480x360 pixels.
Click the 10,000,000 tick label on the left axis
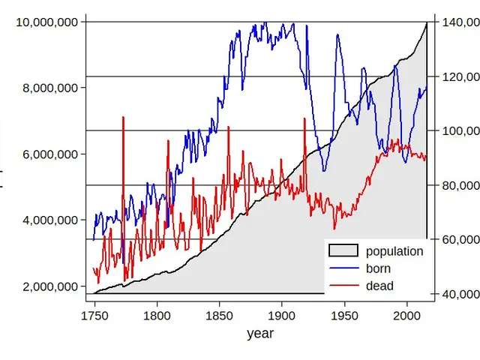[46, 22]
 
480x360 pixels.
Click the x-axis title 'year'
[260, 334]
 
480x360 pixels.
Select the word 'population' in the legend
[394, 251]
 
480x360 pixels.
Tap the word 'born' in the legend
[379, 268]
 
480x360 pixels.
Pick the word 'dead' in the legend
[379, 286]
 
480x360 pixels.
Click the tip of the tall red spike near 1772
[122, 118]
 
